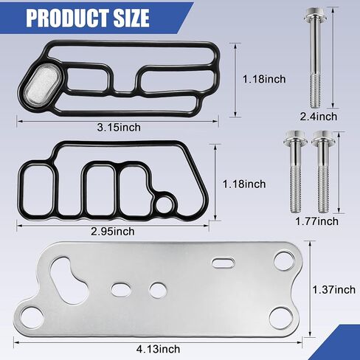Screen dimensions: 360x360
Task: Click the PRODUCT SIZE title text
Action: (x=88, y=18)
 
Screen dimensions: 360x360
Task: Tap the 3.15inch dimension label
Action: (x=119, y=128)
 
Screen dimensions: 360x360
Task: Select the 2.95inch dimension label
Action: (x=113, y=232)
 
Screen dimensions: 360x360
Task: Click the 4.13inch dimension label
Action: (x=158, y=349)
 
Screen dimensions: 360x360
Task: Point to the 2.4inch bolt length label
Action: (x=318, y=117)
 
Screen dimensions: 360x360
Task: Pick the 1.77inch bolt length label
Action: (x=316, y=221)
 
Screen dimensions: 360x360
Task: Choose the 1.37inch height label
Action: (x=334, y=289)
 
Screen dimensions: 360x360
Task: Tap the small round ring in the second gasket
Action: (x=164, y=204)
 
